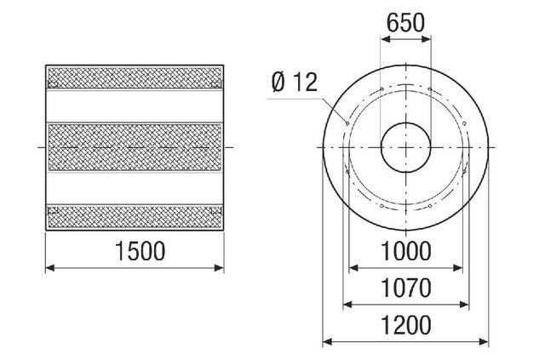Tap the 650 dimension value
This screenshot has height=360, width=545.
coord(405,24)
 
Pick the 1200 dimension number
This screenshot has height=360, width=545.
coord(407,324)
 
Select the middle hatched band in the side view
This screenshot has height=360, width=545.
coord(135,146)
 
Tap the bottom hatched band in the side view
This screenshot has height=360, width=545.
coord(135,217)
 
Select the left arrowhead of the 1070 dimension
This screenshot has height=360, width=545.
coord(345,305)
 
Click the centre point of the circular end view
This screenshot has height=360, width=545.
coord(405,146)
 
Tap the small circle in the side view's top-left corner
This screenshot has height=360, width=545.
coord(53,83)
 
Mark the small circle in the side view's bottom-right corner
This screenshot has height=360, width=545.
coord(217,210)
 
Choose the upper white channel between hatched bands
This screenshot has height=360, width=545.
coord(135,106)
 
